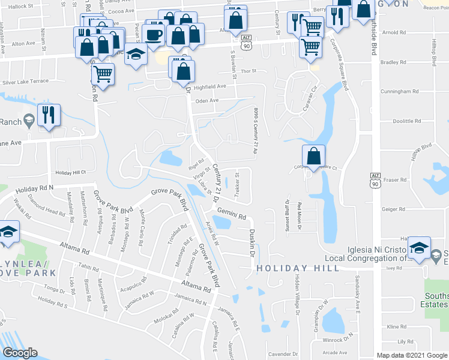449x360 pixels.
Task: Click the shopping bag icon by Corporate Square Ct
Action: coord(313,157)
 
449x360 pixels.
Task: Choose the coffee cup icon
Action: coord(154,34)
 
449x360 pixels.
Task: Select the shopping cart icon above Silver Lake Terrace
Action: coord(103,74)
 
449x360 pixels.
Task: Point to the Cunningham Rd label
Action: coord(400,91)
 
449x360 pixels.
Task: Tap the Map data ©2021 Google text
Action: coord(411,355)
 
